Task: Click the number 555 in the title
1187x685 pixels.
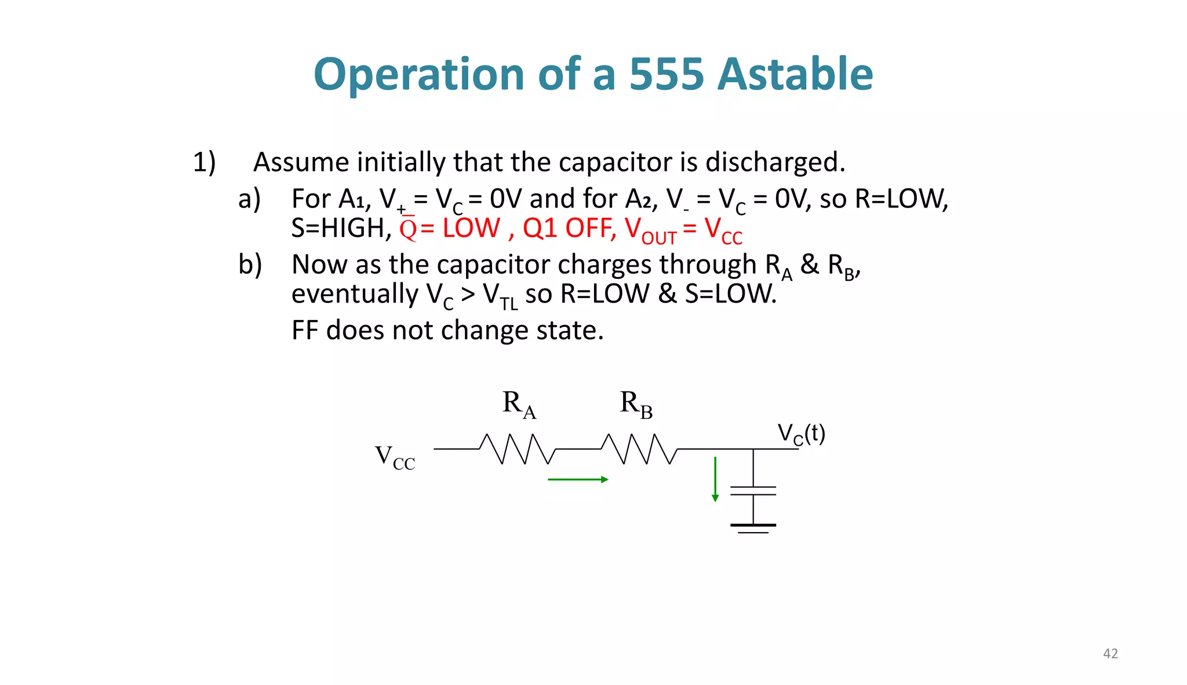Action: (x=666, y=74)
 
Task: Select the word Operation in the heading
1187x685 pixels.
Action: (x=419, y=75)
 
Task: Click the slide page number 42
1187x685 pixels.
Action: (x=1110, y=654)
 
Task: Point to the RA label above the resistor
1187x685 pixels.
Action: (x=519, y=403)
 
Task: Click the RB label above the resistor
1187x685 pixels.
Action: (x=636, y=403)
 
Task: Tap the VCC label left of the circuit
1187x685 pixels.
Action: (x=395, y=458)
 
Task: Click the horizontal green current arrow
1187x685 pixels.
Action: (x=577, y=479)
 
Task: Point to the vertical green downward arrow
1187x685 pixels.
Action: (x=715, y=479)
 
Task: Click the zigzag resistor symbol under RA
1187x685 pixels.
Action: (x=518, y=449)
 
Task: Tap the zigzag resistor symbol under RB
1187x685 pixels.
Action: (x=639, y=449)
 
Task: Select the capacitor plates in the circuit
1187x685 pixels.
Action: (x=753, y=491)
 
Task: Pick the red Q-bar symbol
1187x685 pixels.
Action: (x=408, y=228)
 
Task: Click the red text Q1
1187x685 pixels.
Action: (x=540, y=228)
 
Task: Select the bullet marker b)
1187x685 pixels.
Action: (x=250, y=265)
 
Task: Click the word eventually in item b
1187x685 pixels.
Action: (x=354, y=294)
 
